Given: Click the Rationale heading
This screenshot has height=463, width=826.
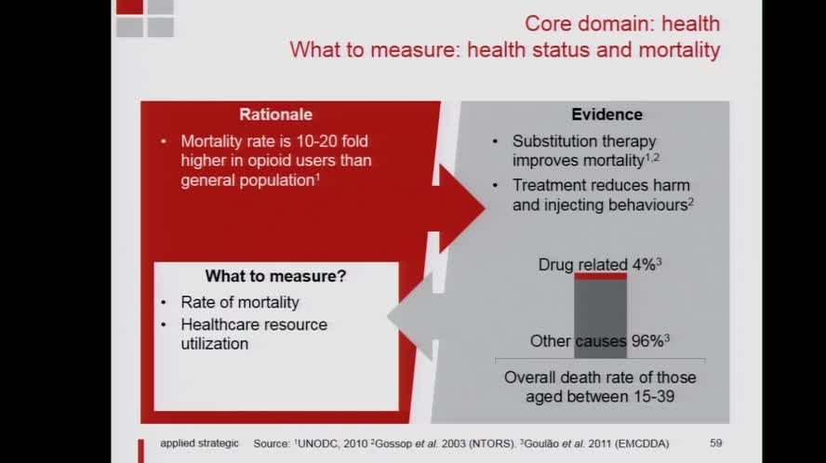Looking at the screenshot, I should click(275, 115).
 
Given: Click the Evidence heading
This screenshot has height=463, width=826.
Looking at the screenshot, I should click(606, 115).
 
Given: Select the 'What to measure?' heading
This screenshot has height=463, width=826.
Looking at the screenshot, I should click(275, 277).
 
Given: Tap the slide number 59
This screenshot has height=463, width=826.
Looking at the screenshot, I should click(715, 443).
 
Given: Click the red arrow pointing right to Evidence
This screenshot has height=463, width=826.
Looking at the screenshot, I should click(463, 207).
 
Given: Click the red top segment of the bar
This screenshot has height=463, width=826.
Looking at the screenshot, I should click(600, 276).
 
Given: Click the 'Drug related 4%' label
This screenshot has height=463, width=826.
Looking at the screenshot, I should click(598, 265).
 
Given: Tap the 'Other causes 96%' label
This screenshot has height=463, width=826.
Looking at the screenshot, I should click(599, 341).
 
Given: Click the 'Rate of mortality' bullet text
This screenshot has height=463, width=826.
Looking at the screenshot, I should click(240, 302).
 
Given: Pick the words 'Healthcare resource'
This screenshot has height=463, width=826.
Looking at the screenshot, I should click(254, 324).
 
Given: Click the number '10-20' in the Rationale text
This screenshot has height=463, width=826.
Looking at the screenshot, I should click(330, 141).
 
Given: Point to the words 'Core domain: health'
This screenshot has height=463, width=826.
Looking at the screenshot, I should click(622, 23).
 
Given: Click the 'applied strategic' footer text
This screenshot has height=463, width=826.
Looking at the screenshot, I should click(199, 443).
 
